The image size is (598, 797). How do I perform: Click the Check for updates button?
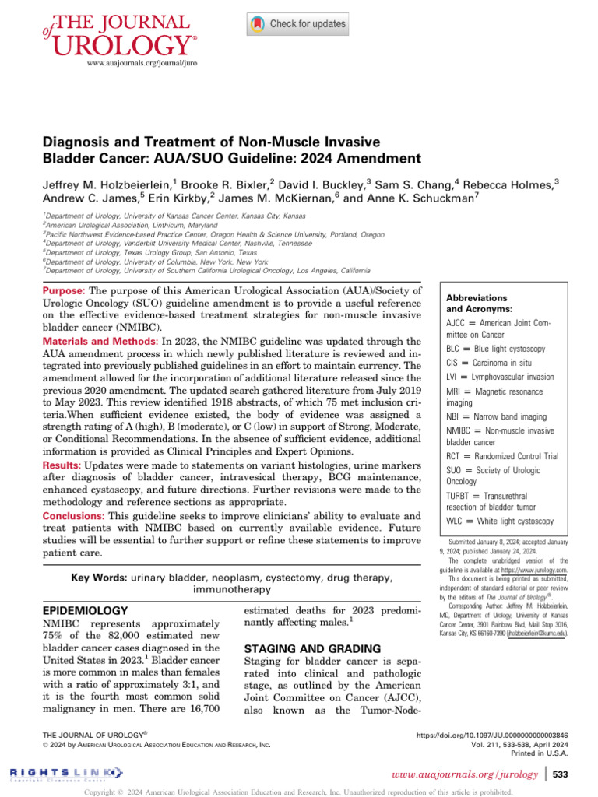(x=297, y=24)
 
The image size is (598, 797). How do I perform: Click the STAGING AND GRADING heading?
(x=301, y=648)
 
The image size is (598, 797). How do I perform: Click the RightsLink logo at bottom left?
(x=66, y=772)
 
